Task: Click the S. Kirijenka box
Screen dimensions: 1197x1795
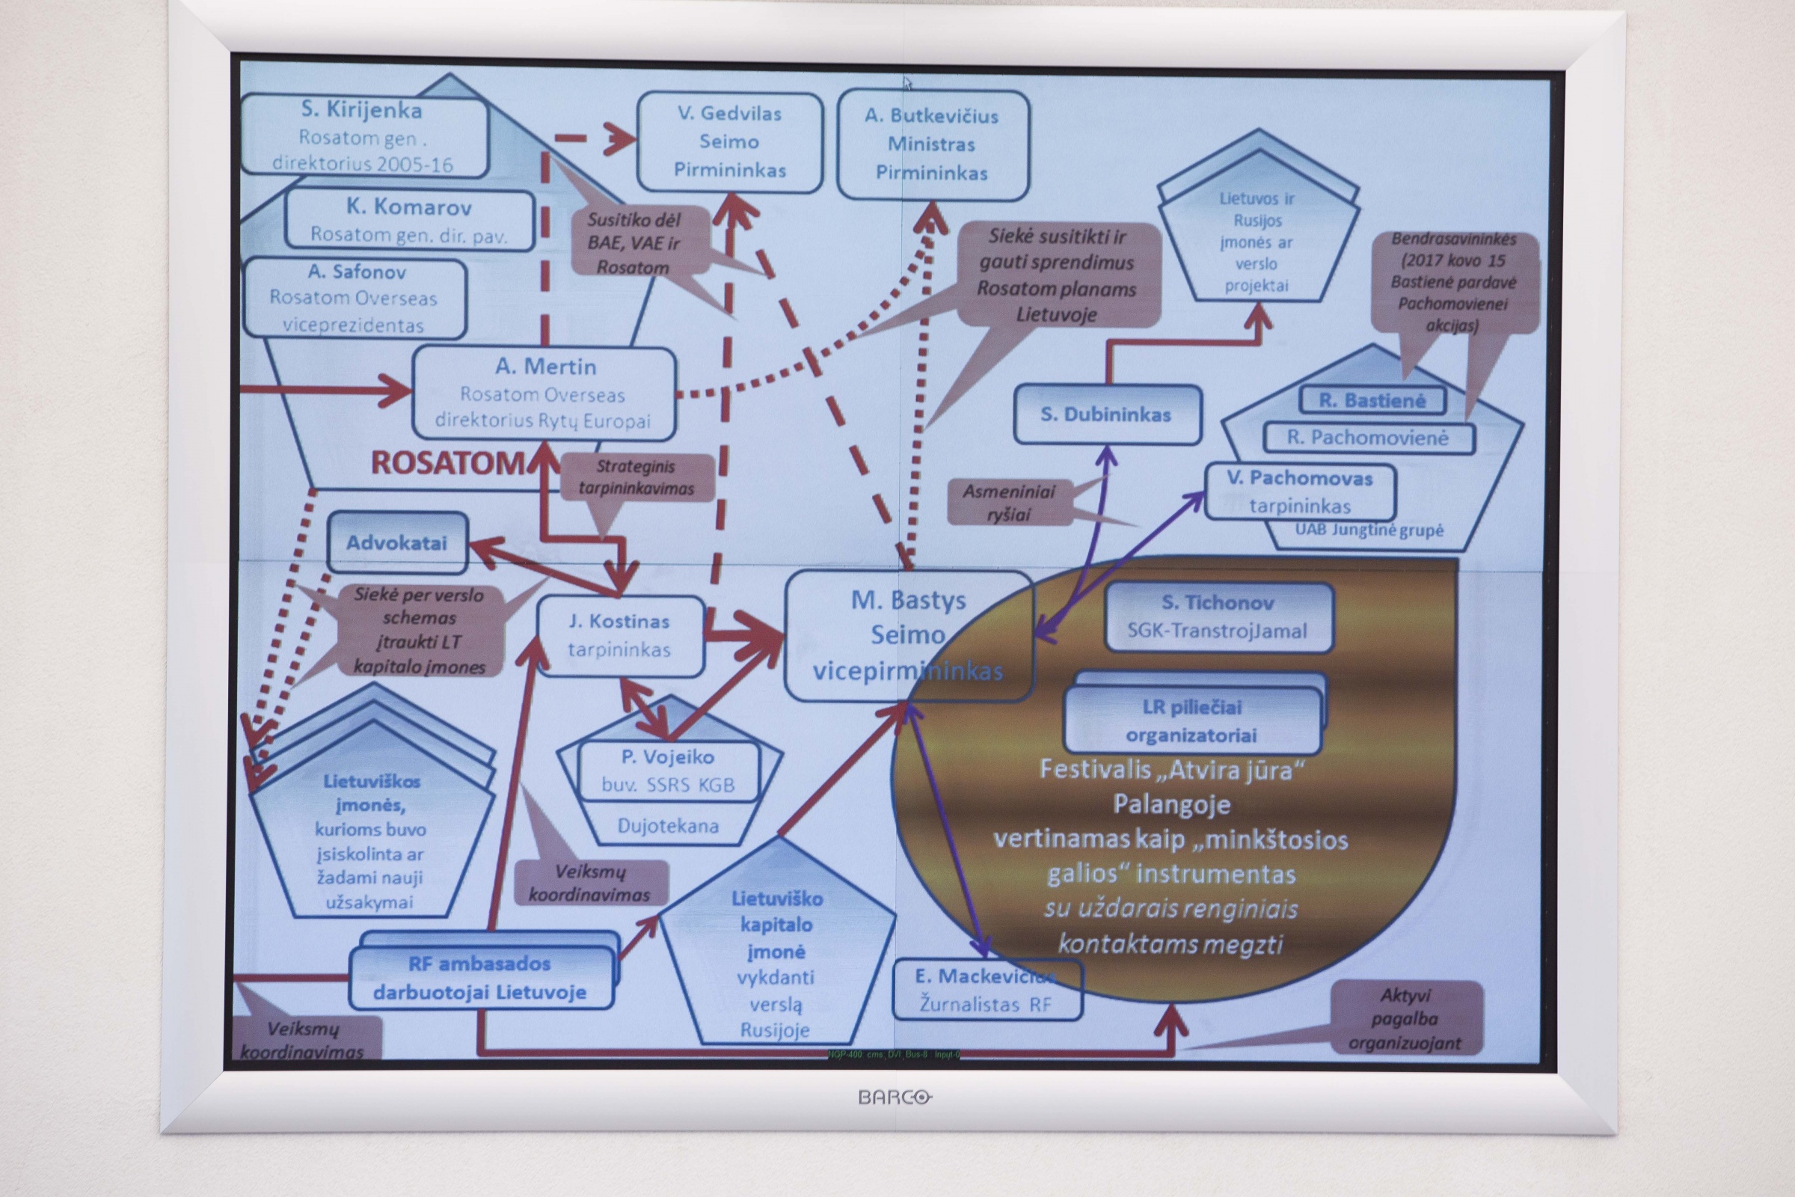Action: (363, 136)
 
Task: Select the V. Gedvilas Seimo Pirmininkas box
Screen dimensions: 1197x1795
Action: (730, 142)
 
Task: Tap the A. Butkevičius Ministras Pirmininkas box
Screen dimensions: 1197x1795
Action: (932, 145)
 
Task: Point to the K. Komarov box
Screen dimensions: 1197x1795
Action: (409, 219)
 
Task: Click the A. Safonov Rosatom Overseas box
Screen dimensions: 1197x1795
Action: (355, 299)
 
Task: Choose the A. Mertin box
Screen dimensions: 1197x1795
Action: (544, 394)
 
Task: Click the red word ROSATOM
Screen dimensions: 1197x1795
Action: (448, 462)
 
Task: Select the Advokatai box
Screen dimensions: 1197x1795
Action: (397, 543)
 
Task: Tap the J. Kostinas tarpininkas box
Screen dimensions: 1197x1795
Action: (620, 636)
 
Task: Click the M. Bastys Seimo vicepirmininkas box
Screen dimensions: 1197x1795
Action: (908, 635)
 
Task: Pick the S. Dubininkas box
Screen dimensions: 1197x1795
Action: (1106, 414)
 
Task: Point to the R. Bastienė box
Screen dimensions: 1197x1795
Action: (1372, 401)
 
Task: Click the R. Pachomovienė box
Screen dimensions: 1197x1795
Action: (1368, 438)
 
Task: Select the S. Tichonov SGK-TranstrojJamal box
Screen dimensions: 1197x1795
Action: (1218, 616)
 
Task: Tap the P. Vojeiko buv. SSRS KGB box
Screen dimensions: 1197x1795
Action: (669, 771)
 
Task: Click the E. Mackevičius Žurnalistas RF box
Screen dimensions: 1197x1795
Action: (986, 990)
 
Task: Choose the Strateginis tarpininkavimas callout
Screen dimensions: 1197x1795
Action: (636, 477)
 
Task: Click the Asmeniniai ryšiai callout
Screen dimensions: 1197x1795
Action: (1008, 502)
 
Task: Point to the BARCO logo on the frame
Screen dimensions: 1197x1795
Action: (895, 1097)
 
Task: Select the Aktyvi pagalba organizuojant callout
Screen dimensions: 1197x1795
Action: (1406, 1018)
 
